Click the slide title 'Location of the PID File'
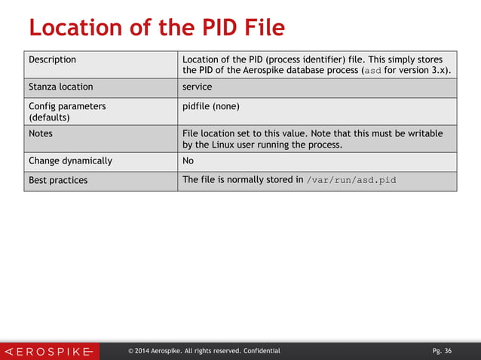(x=157, y=28)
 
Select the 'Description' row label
(x=52, y=59)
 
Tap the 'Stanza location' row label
(x=61, y=87)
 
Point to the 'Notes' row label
(x=41, y=133)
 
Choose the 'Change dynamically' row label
(x=70, y=160)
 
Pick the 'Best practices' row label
(x=58, y=181)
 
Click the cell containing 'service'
(x=198, y=87)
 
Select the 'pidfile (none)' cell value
(x=211, y=106)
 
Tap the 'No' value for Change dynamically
(x=189, y=160)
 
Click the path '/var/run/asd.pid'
(x=352, y=181)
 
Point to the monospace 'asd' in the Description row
(x=373, y=71)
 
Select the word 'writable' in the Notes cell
(x=423, y=133)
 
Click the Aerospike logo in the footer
(x=49, y=351)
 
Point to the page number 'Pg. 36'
(x=442, y=351)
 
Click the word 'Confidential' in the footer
(x=262, y=351)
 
